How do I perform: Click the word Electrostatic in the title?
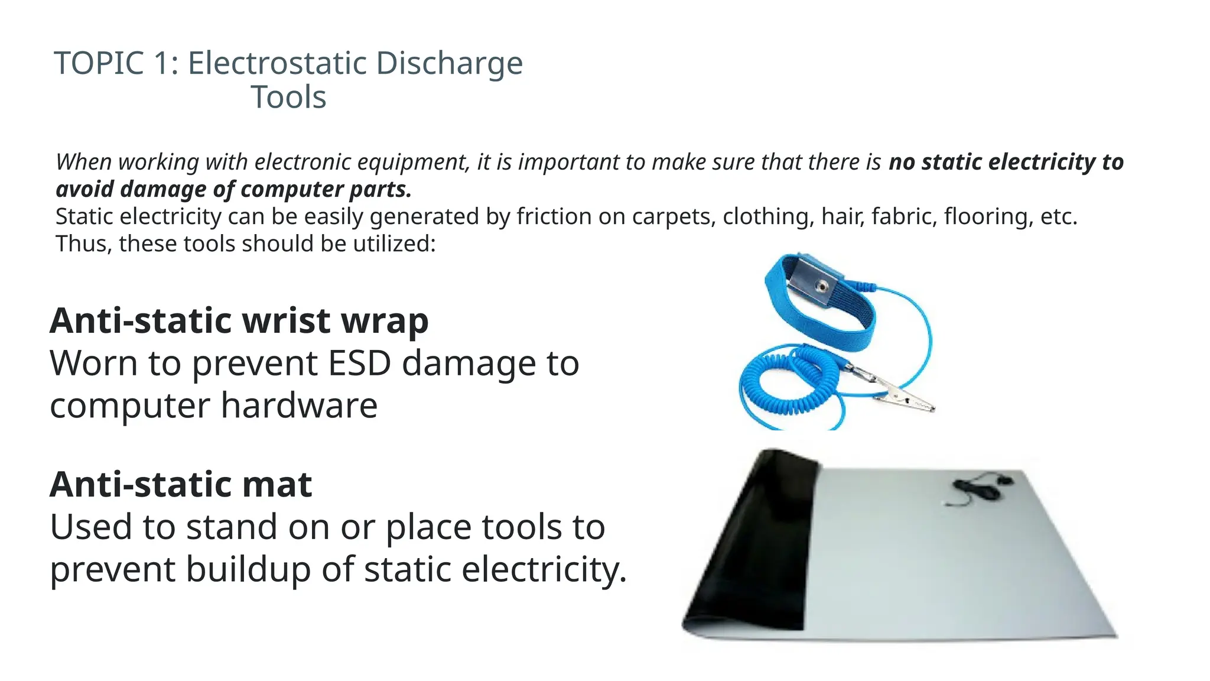click(x=278, y=63)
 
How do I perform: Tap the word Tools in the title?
click(x=288, y=98)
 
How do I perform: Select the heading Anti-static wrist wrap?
click(x=239, y=321)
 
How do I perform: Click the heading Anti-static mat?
click(x=181, y=485)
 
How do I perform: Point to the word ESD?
click(x=359, y=363)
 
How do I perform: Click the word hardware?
click(x=299, y=406)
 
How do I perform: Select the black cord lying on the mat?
click(x=975, y=488)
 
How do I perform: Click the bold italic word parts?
click(x=380, y=190)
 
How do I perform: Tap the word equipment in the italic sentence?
click(x=413, y=163)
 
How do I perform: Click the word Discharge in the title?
click(x=449, y=63)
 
